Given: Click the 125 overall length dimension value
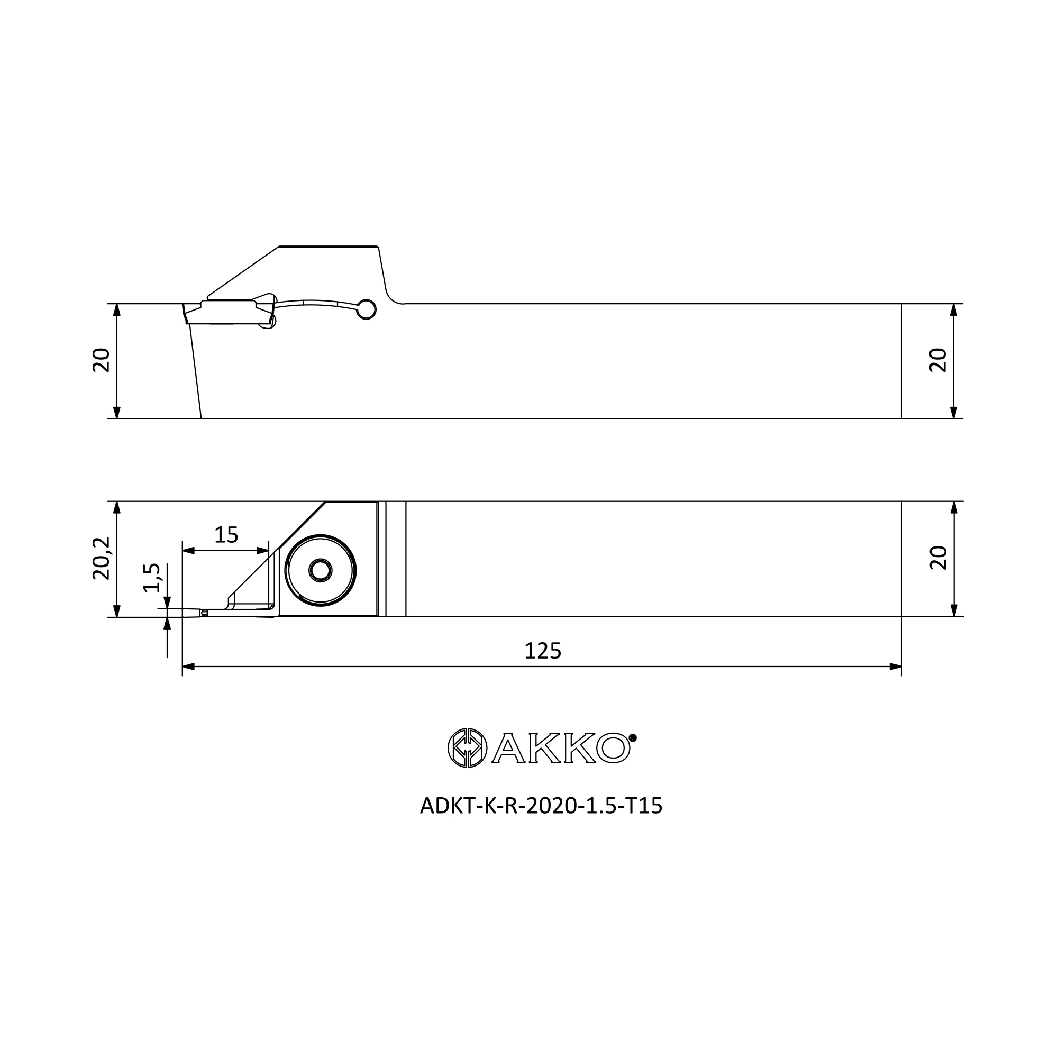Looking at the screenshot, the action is click(x=543, y=651).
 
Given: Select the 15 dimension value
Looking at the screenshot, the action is click(x=226, y=535).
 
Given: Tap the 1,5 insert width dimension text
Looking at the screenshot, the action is click(x=152, y=578).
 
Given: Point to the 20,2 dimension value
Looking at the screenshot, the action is click(x=102, y=558).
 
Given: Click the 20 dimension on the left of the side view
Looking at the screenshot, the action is click(x=102, y=360).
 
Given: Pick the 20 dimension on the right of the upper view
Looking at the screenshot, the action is click(x=938, y=360).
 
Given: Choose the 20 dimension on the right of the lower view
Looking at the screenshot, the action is click(x=938, y=558).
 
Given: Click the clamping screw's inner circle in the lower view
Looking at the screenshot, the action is click(x=321, y=571).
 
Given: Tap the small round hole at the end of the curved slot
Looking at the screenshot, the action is click(x=367, y=310).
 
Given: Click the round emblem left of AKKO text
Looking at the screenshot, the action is click(x=467, y=747).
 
